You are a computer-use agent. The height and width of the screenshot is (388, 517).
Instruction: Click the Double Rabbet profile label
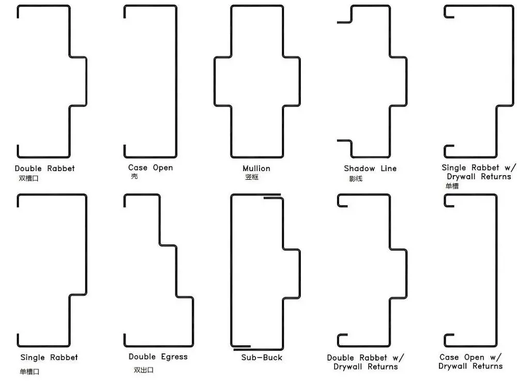[x=45, y=168]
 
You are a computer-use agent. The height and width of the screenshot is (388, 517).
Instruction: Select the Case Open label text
[x=150, y=167]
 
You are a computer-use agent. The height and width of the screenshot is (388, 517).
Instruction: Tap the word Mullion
[x=256, y=168]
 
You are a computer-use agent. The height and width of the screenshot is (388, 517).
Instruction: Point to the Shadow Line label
[x=370, y=168]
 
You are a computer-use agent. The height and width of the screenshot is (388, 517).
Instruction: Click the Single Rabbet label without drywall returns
[x=49, y=358]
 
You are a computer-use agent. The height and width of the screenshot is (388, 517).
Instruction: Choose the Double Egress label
[x=158, y=356]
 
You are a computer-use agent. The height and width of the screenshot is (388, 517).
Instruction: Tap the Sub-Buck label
[x=262, y=358]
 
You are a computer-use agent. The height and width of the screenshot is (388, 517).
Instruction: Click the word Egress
[x=174, y=356]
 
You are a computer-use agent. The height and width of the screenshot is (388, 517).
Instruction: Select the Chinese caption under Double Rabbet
[x=28, y=179]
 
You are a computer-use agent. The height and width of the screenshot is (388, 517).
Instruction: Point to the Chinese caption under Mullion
[x=252, y=177]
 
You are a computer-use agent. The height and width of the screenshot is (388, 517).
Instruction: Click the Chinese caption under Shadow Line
[x=356, y=179]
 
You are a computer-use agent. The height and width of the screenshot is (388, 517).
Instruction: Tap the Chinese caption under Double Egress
[x=144, y=370]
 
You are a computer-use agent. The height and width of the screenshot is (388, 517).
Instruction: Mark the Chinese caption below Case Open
[x=134, y=176]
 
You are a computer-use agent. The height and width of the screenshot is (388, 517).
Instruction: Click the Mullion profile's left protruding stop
[x=215, y=82]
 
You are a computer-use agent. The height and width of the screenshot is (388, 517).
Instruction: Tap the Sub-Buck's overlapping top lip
[x=272, y=196]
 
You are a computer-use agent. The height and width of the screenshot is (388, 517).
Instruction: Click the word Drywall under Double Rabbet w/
[x=348, y=367]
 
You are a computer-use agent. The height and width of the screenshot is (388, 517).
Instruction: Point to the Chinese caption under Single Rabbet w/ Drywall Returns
[x=452, y=186]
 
